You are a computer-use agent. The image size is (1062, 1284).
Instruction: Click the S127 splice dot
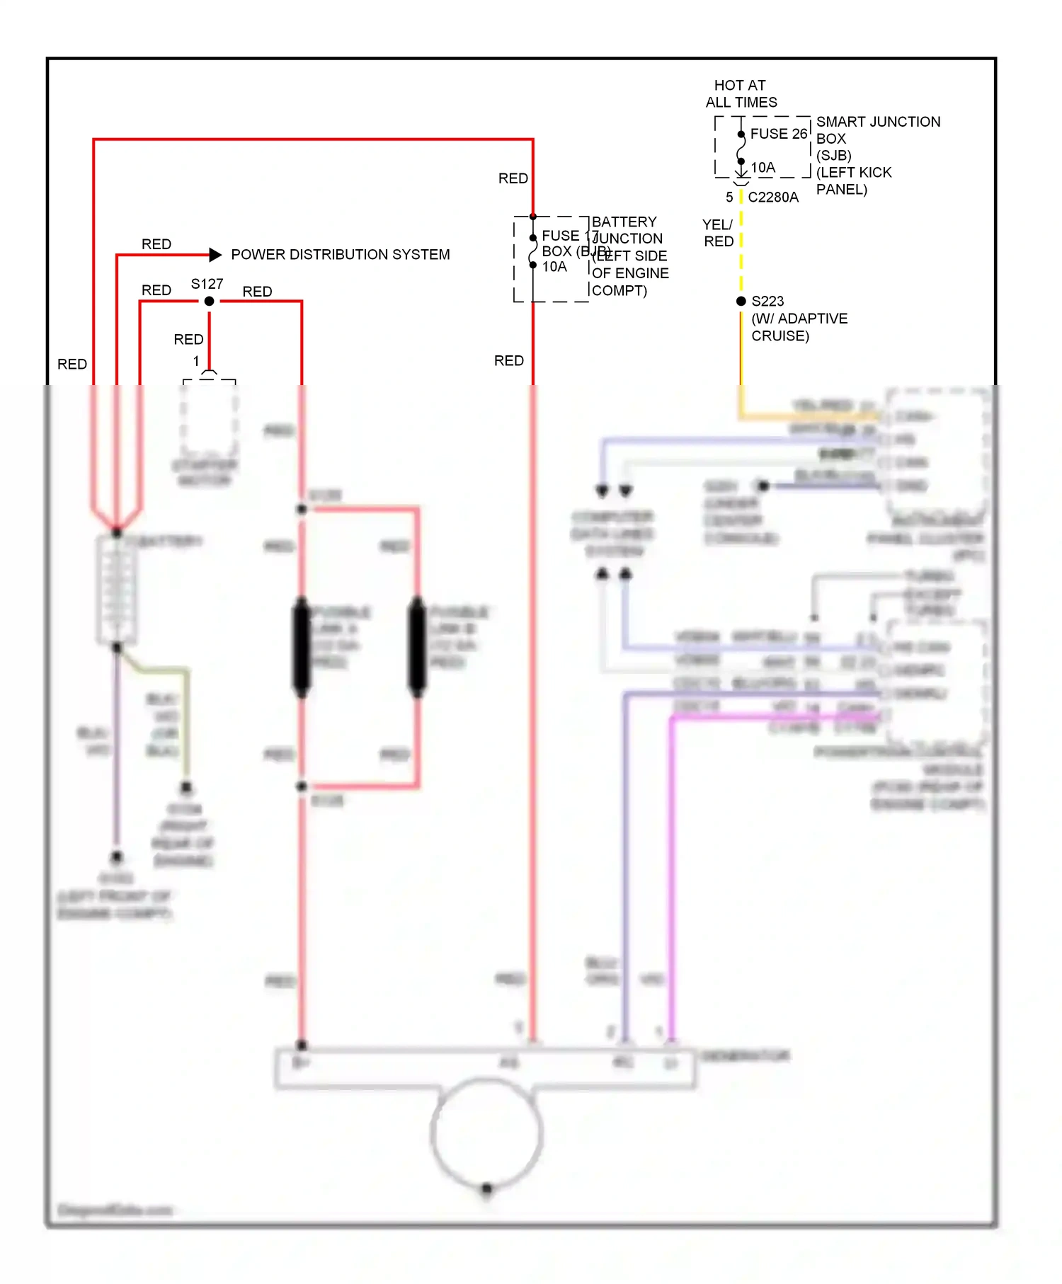click(209, 302)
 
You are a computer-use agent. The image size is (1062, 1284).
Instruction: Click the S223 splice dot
click(741, 302)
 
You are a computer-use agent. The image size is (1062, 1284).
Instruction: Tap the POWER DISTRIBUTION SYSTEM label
click(340, 255)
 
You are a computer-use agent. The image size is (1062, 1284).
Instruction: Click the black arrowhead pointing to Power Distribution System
click(215, 255)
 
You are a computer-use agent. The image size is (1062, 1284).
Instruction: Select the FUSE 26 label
click(778, 134)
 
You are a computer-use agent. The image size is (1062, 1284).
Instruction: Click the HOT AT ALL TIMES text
click(741, 94)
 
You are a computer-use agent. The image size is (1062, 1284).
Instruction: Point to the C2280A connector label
click(772, 197)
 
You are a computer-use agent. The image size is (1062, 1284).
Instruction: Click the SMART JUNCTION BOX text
click(878, 130)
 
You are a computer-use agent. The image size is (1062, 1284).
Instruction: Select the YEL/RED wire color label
click(718, 233)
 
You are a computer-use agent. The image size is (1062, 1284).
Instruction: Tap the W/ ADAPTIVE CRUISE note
click(799, 327)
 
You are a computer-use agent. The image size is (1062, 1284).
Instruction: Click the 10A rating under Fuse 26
click(763, 168)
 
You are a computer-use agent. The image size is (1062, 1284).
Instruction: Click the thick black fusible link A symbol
click(302, 646)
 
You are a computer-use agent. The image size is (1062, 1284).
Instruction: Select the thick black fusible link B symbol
click(417, 646)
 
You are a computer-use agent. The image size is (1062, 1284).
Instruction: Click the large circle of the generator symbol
click(486, 1133)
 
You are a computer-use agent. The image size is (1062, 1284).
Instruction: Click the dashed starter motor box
click(209, 418)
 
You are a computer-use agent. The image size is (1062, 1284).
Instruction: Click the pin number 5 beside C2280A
click(729, 197)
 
